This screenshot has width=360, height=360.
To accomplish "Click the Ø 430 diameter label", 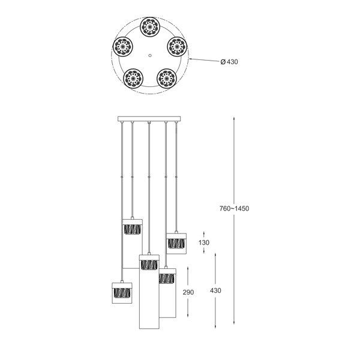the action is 229,62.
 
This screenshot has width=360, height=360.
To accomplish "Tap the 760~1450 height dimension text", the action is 234,208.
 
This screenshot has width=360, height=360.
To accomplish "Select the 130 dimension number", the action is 204,242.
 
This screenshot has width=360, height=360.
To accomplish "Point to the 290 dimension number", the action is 188,292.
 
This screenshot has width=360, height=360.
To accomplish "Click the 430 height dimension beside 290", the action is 215,290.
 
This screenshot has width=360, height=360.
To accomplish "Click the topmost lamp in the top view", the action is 150,27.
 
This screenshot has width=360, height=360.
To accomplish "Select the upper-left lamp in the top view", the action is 123,47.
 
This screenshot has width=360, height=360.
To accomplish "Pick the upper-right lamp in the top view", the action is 177,47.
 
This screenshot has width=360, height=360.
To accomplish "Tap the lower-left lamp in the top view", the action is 133,78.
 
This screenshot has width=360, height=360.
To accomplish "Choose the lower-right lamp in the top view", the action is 167,78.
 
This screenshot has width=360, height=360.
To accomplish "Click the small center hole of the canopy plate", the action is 150,55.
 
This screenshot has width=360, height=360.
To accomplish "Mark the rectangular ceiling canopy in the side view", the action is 149,119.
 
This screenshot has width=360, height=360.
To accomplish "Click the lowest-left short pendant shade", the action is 122,293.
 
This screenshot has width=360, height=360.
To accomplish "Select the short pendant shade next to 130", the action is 176,244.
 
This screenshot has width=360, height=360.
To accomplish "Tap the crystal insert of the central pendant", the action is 149,265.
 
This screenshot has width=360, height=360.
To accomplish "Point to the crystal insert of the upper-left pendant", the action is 132,229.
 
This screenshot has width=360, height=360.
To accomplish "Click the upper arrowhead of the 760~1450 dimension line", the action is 234,119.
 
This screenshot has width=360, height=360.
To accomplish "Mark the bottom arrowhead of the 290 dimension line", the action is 188,316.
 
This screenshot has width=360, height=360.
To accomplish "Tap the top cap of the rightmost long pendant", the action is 167,271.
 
